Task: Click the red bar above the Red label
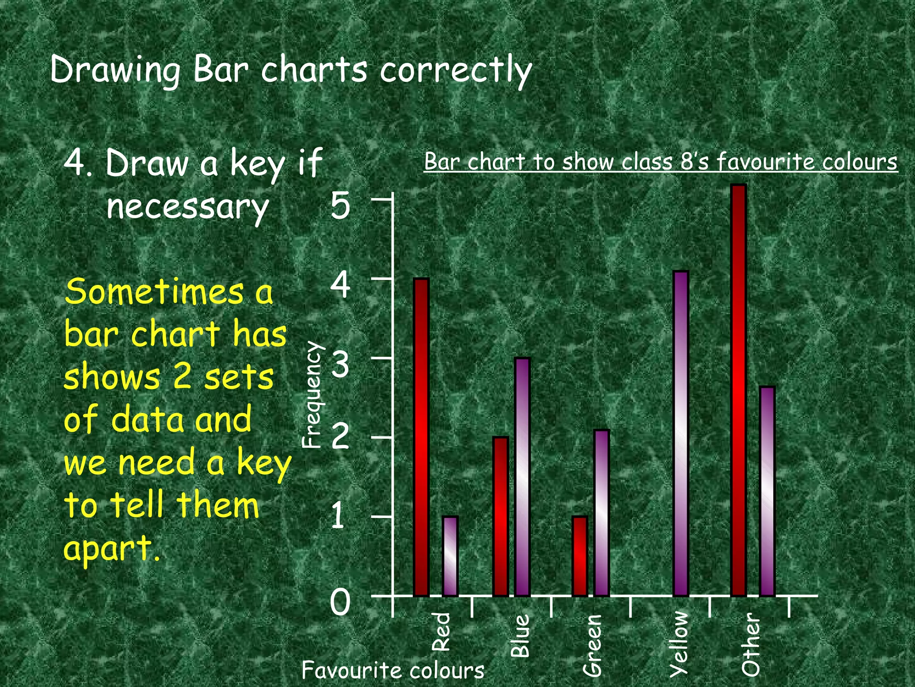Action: click(421, 437)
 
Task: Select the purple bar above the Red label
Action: click(450, 556)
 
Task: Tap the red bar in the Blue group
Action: click(500, 516)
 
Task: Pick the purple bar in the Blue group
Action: click(522, 477)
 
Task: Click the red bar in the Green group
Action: click(579, 556)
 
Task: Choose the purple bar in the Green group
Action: click(601, 513)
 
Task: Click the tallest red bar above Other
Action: click(739, 390)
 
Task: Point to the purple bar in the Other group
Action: click(767, 491)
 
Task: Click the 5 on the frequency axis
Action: click(340, 206)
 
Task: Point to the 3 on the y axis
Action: click(340, 365)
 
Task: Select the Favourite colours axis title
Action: click(393, 670)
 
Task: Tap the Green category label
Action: click(593, 644)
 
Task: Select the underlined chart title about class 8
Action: click(660, 162)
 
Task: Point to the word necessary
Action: click(188, 207)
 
